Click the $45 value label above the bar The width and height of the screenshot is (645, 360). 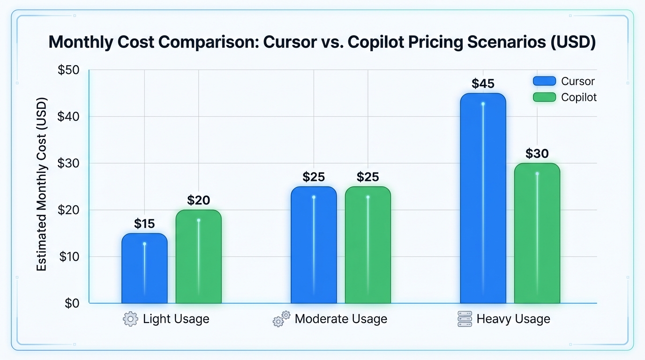tap(483, 84)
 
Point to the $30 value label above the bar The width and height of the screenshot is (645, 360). tap(537, 154)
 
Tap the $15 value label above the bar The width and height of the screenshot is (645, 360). tap(144, 224)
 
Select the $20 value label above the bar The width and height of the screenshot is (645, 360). tap(198, 201)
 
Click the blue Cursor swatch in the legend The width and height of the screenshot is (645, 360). tap(544, 81)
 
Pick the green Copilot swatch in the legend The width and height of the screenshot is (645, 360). tap(544, 97)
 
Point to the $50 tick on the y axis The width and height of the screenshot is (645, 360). tap(68, 70)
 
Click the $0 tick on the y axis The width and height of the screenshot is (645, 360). tap(72, 303)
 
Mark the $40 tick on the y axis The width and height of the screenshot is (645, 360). tap(68, 117)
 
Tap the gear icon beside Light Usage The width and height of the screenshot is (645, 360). tap(130, 320)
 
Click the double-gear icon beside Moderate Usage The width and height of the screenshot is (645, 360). tap(281, 319)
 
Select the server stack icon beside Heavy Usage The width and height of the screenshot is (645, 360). tap(465, 320)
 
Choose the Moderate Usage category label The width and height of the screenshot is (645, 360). tap(341, 319)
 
